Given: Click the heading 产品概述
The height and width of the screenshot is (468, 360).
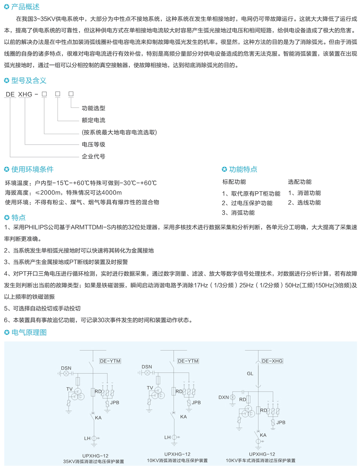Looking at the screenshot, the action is pyautogui.click(x=25, y=7).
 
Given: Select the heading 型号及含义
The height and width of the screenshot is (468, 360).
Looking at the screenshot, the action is pyautogui.click(x=29, y=80).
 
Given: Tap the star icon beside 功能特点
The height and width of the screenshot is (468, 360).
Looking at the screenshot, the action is pyautogui.click(x=224, y=169).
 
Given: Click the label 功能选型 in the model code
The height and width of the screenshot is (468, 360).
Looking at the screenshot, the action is pyautogui.click(x=94, y=108).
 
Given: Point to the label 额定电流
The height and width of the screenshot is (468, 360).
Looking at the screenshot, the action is pyautogui.click(x=94, y=120).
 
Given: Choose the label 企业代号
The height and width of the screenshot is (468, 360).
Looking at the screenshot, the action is pyautogui.click(x=94, y=156).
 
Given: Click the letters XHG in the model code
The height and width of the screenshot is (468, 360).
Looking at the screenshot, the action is pyautogui.click(x=25, y=94).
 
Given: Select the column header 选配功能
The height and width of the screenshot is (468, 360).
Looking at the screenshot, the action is pyautogui.click(x=300, y=182).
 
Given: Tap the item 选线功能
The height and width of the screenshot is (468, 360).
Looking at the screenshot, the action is pyautogui.click(x=309, y=203).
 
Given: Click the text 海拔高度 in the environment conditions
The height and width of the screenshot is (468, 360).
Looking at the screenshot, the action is pyautogui.click(x=17, y=192).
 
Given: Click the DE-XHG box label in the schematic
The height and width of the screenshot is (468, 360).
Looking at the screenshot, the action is pyautogui.click(x=272, y=361).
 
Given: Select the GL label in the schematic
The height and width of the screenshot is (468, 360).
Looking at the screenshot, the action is pyautogui.click(x=250, y=373).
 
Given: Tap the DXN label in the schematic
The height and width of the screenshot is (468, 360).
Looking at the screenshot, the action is pyautogui.click(x=223, y=397).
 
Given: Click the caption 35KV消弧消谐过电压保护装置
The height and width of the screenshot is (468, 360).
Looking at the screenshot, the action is pyautogui.click(x=94, y=461).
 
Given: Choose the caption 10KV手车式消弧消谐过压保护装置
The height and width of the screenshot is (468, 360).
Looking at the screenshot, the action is pyautogui.click(x=261, y=461).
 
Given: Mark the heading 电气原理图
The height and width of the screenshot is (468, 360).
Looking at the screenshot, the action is pyautogui.click(x=29, y=332).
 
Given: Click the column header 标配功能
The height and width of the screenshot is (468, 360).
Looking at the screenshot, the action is pyautogui.click(x=234, y=182).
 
